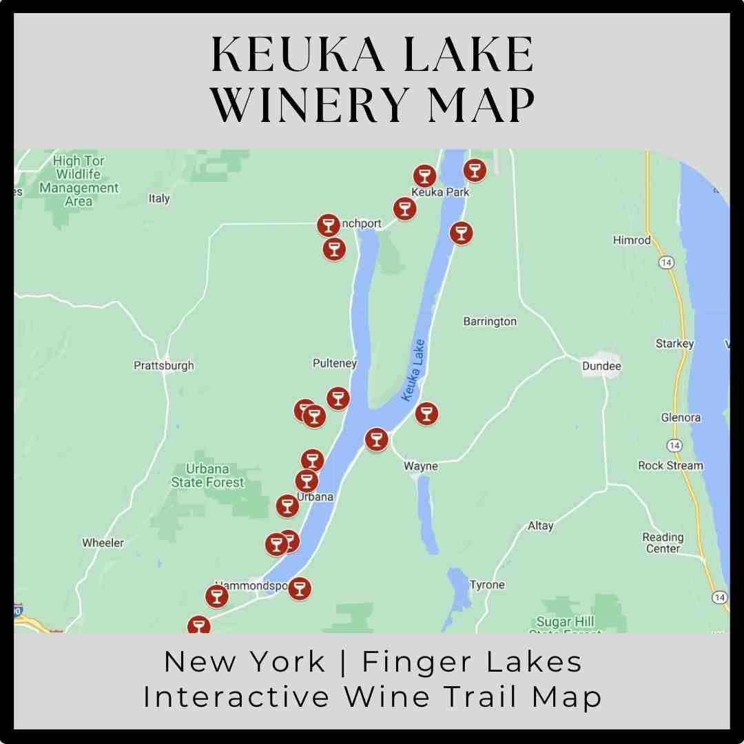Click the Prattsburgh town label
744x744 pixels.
click(x=163, y=366)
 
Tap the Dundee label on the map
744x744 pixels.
click(x=601, y=366)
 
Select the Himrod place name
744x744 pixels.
click(x=632, y=240)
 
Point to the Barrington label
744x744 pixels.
click(x=490, y=322)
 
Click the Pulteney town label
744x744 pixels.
click(x=335, y=363)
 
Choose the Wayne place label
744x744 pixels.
click(x=420, y=466)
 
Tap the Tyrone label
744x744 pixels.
click(x=487, y=585)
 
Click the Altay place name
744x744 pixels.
click(x=540, y=526)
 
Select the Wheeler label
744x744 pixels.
click(x=103, y=543)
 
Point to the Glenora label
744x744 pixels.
click(x=681, y=417)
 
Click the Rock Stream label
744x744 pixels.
click(x=670, y=466)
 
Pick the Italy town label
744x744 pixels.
click(x=159, y=198)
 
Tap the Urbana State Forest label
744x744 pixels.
click(x=207, y=476)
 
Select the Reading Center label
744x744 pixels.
click(x=663, y=543)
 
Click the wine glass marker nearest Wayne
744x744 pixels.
click(x=376, y=439)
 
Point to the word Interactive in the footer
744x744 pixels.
click(x=236, y=696)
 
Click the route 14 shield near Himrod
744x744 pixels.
click(x=665, y=262)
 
